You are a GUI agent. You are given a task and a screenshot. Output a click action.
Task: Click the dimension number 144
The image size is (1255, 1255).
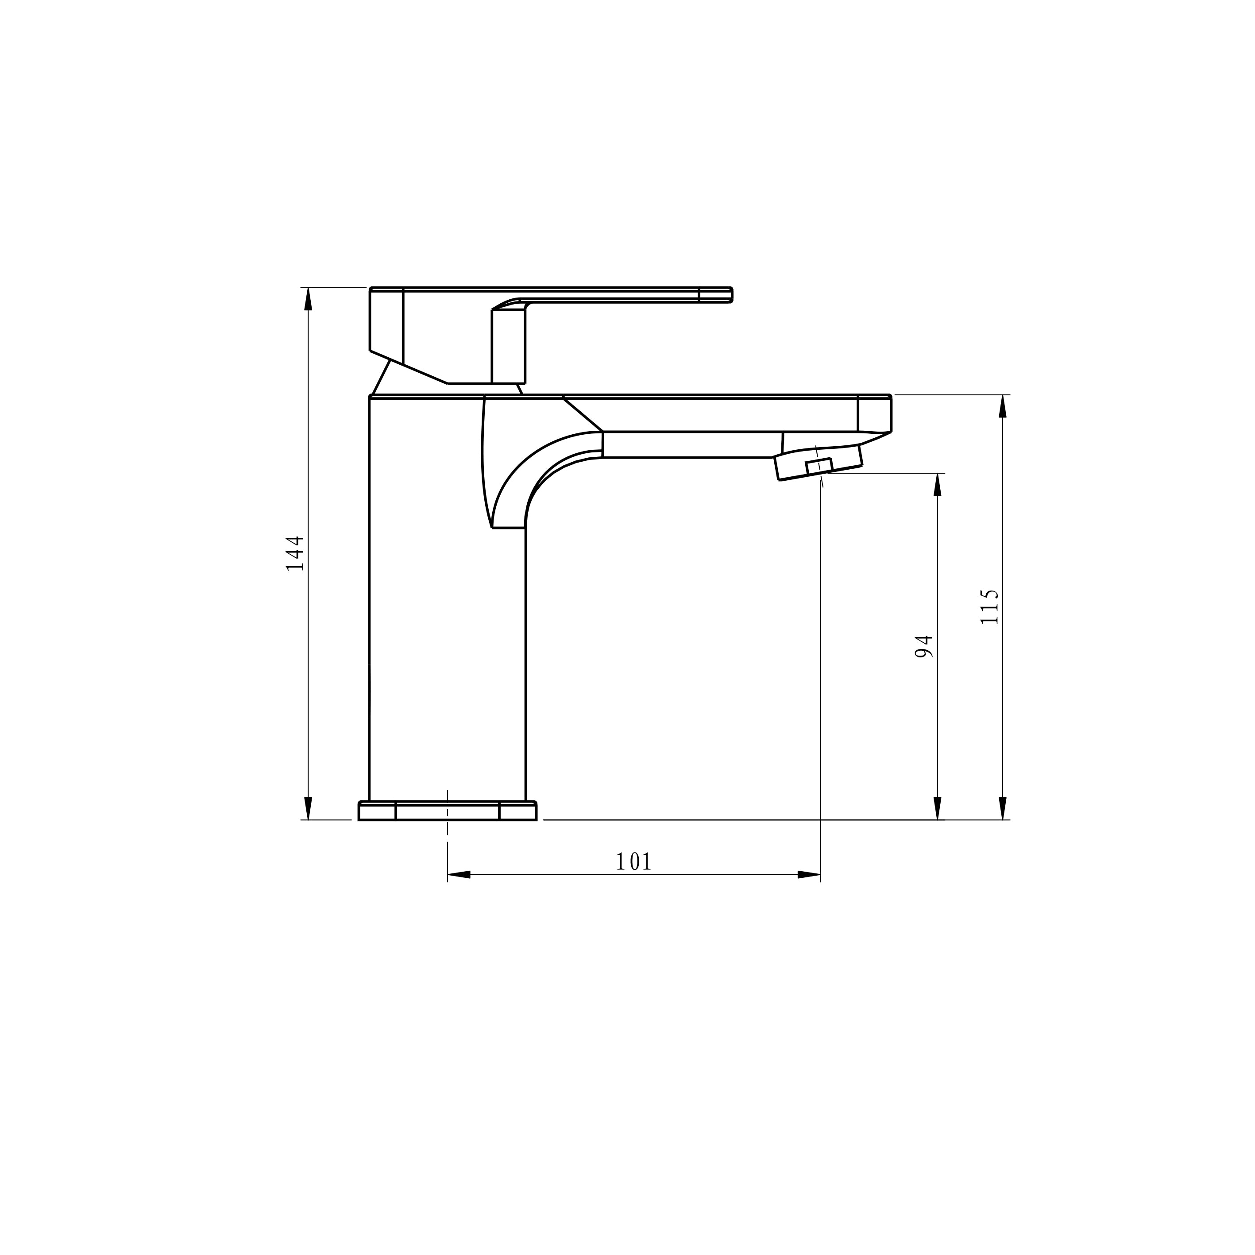295,553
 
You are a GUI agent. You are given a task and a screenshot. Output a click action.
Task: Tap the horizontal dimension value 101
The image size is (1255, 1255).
633,862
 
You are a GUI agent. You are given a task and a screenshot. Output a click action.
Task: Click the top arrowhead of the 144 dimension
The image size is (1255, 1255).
309,299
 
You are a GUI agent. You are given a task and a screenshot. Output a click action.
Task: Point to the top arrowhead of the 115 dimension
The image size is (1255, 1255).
1002,406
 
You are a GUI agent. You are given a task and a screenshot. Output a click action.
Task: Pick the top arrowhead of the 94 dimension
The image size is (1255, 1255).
937,485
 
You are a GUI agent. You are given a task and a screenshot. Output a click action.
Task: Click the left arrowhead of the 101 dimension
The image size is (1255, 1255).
459,875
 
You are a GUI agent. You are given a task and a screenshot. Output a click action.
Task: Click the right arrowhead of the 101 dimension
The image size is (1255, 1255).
809,875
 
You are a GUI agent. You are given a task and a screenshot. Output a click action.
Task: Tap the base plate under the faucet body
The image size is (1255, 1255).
447,811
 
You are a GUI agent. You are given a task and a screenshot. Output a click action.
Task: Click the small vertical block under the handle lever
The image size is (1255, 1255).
508,346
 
